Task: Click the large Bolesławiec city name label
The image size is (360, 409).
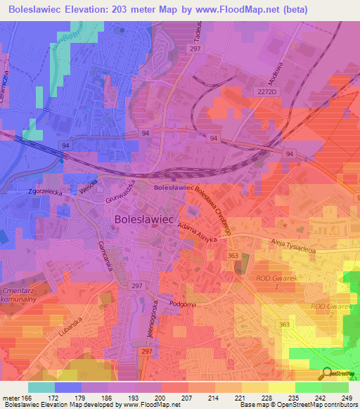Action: click(143, 219)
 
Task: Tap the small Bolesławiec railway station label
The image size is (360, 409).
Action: click(174, 188)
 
